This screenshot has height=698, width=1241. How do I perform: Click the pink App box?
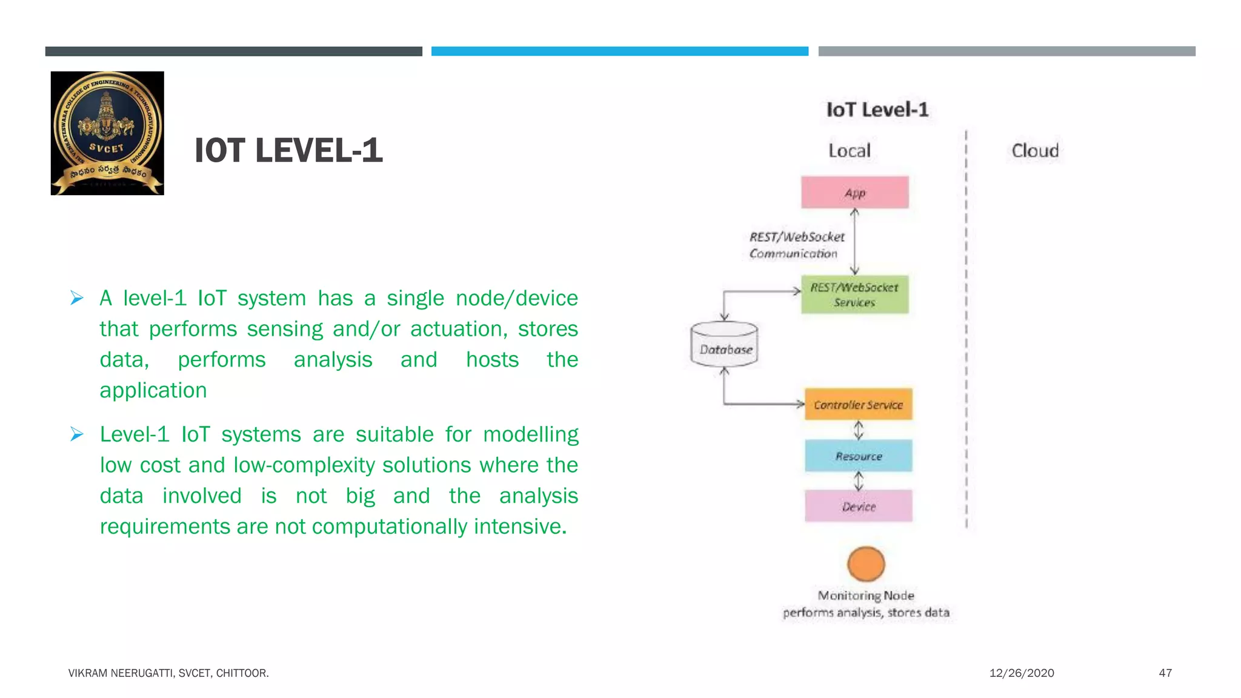click(x=854, y=193)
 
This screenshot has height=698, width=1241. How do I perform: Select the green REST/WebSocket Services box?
click(x=854, y=294)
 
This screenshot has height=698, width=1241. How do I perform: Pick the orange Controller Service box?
click(x=858, y=405)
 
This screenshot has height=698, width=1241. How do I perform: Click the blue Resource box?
click(x=858, y=456)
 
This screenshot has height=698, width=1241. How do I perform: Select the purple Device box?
click(x=858, y=507)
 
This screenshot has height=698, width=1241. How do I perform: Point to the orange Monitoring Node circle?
click(x=866, y=564)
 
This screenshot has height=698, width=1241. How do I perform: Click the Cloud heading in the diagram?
click(x=1035, y=151)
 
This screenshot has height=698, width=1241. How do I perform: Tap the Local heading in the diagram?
click(x=849, y=151)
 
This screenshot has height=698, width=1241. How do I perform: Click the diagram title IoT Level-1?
click(x=877, y=110)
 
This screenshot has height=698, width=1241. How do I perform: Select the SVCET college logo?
click(x=107, y=133)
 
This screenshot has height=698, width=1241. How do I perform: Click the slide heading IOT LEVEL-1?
click(x=288, y=151)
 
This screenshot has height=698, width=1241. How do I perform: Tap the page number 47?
click(x=1165, y=673)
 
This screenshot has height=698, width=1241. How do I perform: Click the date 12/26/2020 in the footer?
click(x=1022, y=673)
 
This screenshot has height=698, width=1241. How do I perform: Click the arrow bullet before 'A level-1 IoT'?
click(x=77, y=298)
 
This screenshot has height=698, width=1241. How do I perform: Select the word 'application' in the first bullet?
click(x=153, y=390)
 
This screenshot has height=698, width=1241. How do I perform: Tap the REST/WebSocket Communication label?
click(x=796, y=245)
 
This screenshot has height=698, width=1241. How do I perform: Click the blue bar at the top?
click(x=619, y=52)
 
